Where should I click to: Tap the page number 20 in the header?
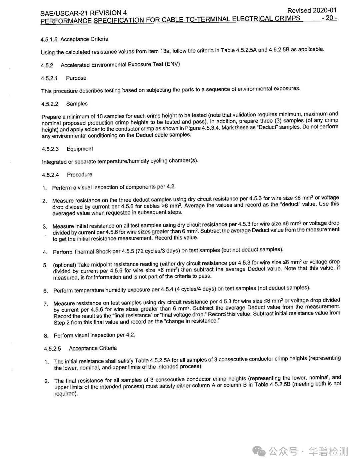(329, 18)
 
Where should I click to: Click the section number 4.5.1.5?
(49, 40)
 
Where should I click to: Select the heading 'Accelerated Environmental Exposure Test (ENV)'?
(120, 64)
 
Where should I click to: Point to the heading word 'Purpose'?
(76, 78)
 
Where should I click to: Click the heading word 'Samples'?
(77, 104)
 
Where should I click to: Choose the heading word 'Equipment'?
(80, 149)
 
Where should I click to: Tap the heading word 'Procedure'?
(79, 174)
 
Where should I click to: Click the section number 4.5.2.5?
(52, 349)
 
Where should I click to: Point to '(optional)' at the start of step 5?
(65, 265)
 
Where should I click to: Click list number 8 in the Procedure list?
(46, 336)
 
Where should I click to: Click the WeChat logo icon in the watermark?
(259, 452)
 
